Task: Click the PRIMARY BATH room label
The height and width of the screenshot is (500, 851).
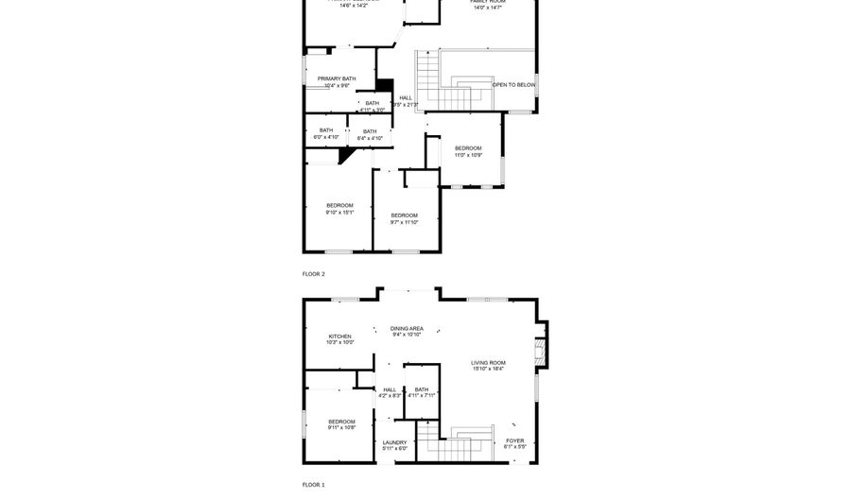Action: (337, 79)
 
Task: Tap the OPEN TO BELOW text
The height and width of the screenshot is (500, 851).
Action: (514, 85)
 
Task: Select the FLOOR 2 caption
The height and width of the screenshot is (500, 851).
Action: (313, 274)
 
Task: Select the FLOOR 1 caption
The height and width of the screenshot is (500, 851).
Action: (313, 484)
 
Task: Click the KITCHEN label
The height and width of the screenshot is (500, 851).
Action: (340, 336)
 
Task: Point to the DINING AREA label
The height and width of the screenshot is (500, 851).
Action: (407, 329)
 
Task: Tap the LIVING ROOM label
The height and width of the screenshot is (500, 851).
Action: (488, 363)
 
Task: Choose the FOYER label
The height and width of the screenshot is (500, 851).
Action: (514, 440)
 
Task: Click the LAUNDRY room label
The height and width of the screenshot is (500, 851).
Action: (394, 442)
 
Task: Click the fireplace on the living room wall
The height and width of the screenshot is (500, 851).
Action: (541, 352)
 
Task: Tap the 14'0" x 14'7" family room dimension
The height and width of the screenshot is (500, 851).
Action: (488, 8)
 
